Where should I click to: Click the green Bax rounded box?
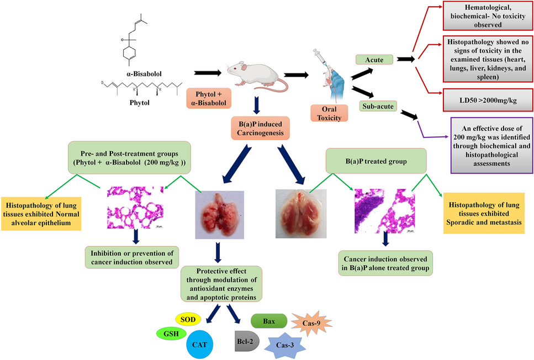(x=269, y=321)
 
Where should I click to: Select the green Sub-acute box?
(x=379, y=105)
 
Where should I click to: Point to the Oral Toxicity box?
(x=331, y=113)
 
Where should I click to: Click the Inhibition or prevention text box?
(x=134, y=256)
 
